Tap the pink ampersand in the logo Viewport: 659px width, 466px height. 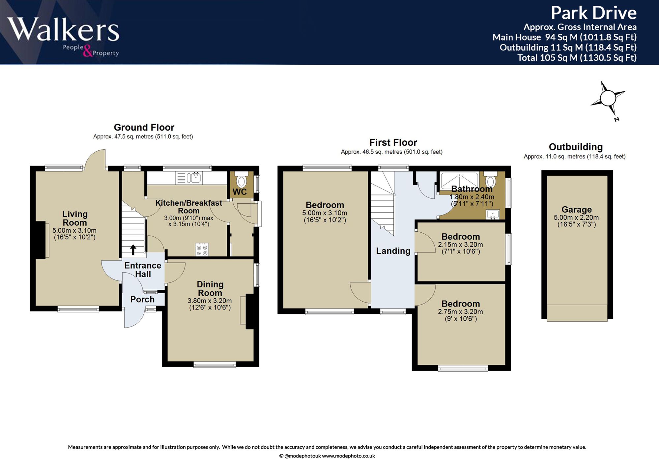(87, 51)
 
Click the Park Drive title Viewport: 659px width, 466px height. (593, 13)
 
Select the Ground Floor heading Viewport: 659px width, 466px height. (144, 127)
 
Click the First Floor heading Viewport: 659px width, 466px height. (393, 142)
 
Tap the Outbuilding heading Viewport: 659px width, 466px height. (576, 147)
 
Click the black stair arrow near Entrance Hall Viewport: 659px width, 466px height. (133, 249)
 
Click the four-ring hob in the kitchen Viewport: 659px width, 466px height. (202, 249)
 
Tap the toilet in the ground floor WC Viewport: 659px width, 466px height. (242, 179)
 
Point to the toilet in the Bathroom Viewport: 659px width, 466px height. (491, 180)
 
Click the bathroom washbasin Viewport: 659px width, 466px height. (493, 215)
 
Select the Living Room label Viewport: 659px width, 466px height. (75, 218)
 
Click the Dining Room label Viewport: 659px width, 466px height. (210, 288)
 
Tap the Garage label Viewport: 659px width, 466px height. (577, 209)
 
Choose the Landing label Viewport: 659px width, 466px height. (393, 251)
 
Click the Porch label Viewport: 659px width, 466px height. (142, 299)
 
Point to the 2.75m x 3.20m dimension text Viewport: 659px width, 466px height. (460, 311)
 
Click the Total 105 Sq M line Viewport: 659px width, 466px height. (577, 58)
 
